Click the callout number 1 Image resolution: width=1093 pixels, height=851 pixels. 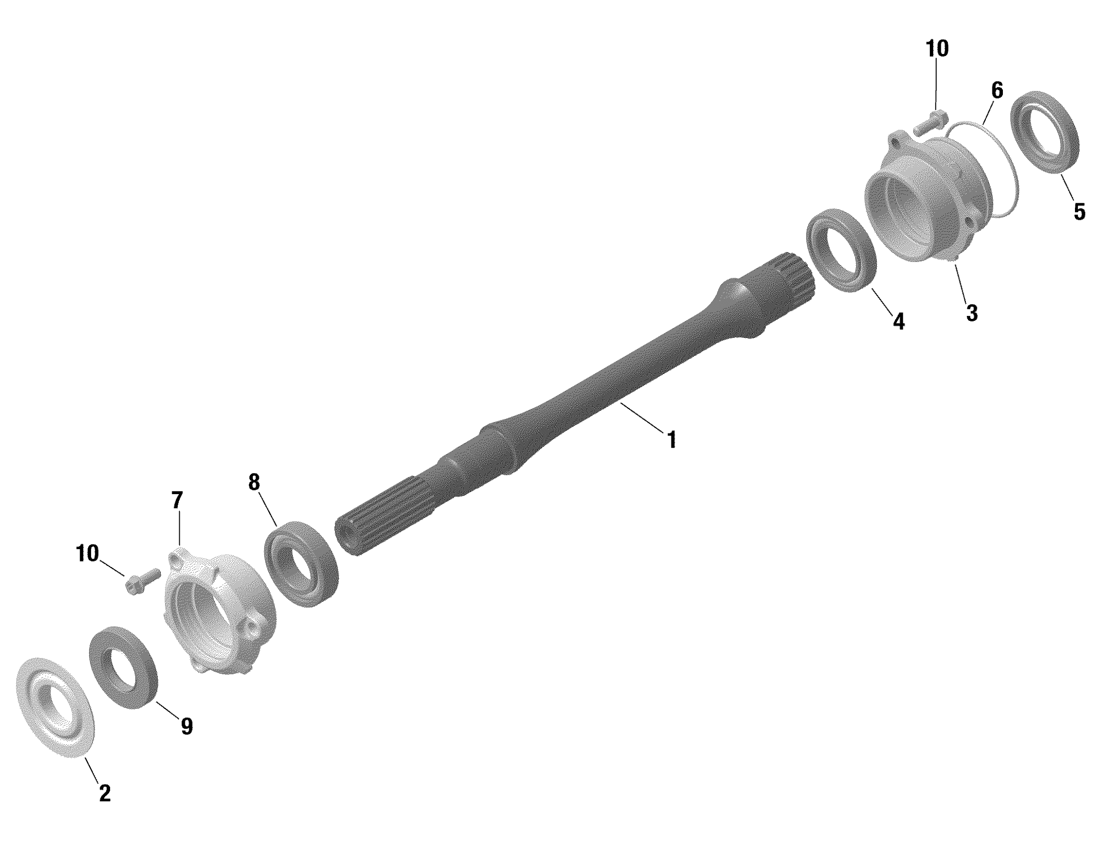672,440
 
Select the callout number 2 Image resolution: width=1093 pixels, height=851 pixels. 105,793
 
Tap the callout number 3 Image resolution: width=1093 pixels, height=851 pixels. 971,313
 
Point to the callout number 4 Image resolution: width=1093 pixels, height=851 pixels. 899,321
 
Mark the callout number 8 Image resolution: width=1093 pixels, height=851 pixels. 254,482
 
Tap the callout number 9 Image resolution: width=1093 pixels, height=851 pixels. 186,726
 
